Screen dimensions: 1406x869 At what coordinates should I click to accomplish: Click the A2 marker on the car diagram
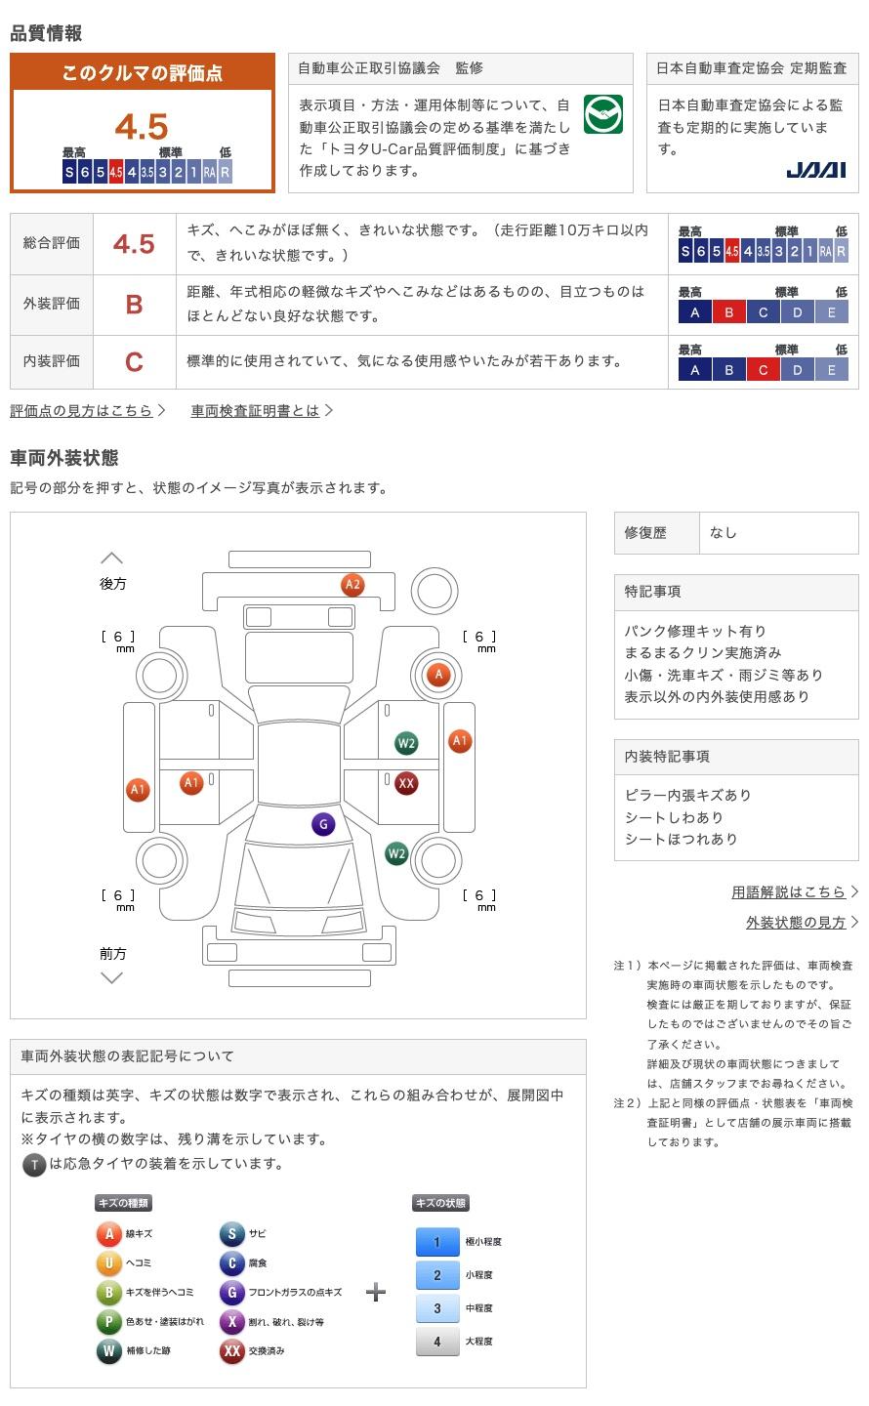pyautogui.click(x=352, y=585)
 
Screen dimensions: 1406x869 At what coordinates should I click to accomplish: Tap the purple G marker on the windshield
pyautogui.click(x=323, y=824)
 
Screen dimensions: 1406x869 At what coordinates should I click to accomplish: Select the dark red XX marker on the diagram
pyautogui.click(x=406, y=783)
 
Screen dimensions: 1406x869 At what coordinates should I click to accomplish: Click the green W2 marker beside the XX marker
pyautogui.click(x=406, y=743)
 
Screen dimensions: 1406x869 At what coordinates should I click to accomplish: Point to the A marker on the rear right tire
pyautogui.click(x=438, y=674)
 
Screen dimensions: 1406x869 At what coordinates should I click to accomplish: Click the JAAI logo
pyautogui.click(x=815, y=170)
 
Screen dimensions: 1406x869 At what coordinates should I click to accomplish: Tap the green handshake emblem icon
pyautogui.click(x=602, y=115)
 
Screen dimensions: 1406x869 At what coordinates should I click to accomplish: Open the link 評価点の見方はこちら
pyautogui.click(x=82, y=411)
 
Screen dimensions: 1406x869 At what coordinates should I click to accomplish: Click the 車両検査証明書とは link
pyautogui.click(x=256, y=411)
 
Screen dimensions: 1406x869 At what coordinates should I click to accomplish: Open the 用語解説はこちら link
pyautogui.click(x=789, y=891)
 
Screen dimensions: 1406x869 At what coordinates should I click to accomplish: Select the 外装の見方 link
pyautogui.click(x=796, y=923)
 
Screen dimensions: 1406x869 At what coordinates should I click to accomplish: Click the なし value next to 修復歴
pyautogui.click(x=724, y=532)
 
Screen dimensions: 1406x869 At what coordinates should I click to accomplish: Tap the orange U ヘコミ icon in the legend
pyautogui.click(x=108, y=1263)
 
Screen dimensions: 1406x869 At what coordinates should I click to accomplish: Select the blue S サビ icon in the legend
pyautogui.click(x=231, y=1234)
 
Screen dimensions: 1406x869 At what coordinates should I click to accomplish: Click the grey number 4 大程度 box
pyautogui.click(x=436, y=1342)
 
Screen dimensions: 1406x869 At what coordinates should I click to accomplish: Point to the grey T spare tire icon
pyautogui.click(x=34, y=1164)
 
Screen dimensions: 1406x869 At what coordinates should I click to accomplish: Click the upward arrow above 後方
pyautogui.click(x=112, y=558)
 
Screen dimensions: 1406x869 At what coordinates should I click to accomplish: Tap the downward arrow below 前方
pyautogui.click(x=112, y=977)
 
